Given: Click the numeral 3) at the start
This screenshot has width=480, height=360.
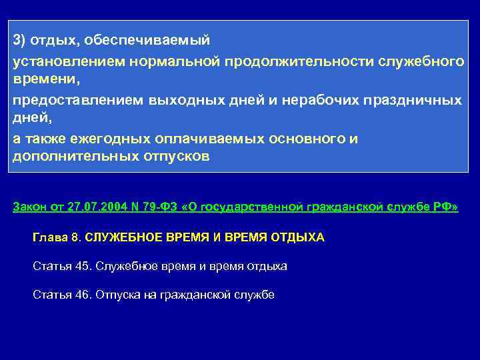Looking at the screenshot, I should pyautogui.click(x=19, y=41).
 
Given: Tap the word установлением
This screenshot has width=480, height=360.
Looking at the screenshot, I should pyautogui.click(x=57, y=61).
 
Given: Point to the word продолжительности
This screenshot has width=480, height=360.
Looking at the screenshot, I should pyautogui.click(x=300, y=61).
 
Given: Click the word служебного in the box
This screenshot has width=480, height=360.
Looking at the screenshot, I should pyautogui.click(x=421, y=61).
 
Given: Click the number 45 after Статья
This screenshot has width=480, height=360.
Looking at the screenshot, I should pyautogui.click(x=82, y=266).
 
